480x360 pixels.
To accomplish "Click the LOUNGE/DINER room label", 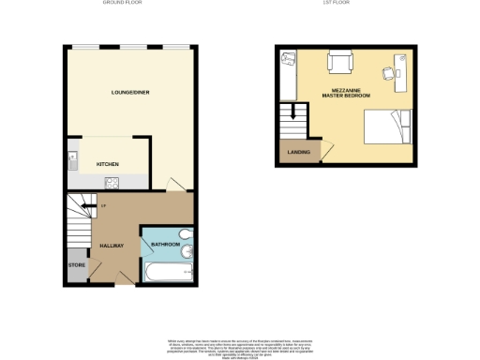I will point(131,93).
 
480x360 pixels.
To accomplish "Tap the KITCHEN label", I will point(107,163).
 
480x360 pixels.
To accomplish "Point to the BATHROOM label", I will point(165,247).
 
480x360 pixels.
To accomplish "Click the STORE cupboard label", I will point(77,265).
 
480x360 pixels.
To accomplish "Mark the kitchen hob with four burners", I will point(112,183).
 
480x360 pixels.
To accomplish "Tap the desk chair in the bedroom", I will point(386,73).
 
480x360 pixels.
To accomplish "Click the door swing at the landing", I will point(326,148).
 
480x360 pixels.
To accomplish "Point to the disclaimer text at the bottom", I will point(240,346).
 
